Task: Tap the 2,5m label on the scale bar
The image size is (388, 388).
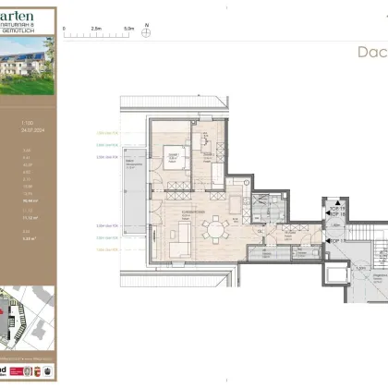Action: (97, 28)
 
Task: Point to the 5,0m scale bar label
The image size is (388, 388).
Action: (127, 28)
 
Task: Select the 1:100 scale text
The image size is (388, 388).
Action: (27, 123)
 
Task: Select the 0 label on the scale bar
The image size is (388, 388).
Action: (65, 28)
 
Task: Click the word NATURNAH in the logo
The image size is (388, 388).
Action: (35, 25)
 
